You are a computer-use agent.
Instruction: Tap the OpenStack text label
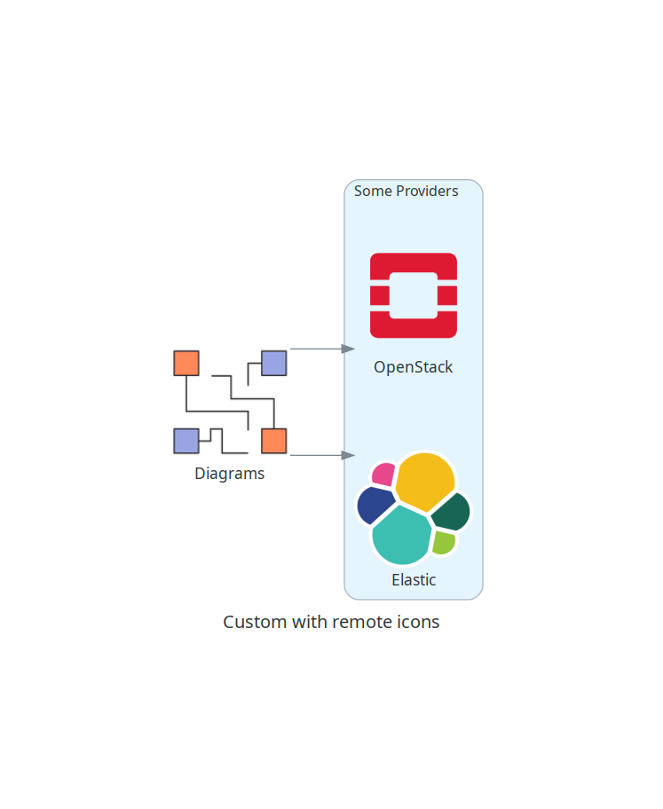pos(413,367)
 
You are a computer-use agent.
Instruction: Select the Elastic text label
pos(414,580)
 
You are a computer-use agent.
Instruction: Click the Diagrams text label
pos(230,474)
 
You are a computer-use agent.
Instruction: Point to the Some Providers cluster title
pos(406,191)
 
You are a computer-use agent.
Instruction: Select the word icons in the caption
pos(418,622)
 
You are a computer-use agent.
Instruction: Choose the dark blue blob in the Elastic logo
pos(375,505)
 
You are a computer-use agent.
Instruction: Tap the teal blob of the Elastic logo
pos(402,536)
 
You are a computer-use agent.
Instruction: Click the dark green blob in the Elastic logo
pos(451,513)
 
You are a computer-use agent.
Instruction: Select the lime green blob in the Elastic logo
pos(443,542)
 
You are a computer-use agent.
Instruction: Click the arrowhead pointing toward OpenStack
pos(348,349)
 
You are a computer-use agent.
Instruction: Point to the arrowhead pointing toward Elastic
pos(348,455)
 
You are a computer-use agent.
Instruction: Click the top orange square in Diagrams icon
pos(186,363)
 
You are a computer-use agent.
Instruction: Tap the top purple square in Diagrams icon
pos(273,363)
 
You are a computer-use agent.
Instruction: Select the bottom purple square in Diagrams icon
pos(186,441)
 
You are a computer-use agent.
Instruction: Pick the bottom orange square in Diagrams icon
pos(273,441)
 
